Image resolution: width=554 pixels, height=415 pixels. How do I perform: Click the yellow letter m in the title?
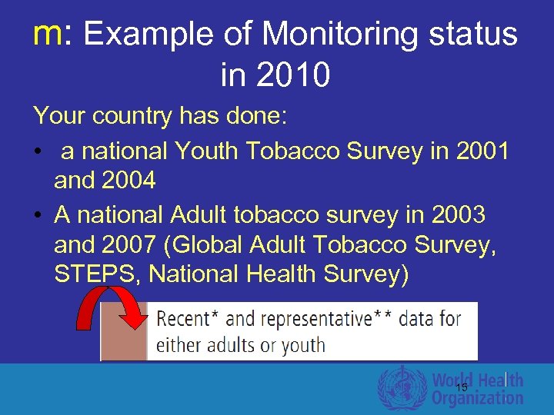pos(48,35)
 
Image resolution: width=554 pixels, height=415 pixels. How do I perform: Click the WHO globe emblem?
pos(402,388)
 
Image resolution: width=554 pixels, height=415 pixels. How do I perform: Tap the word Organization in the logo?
pos(477,398)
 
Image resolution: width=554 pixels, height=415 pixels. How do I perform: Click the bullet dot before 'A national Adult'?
pos(38,216)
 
